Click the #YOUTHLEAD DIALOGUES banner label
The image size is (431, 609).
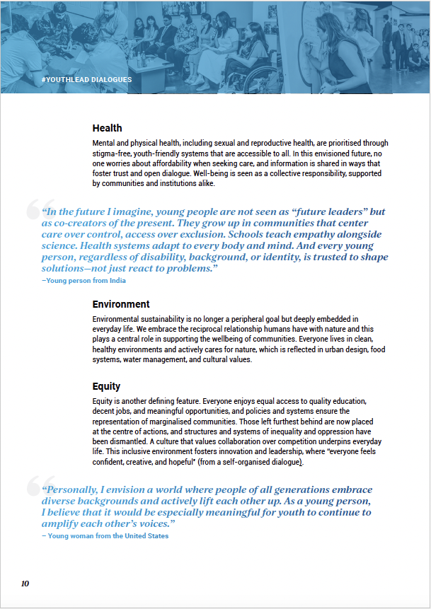tap(87, 80)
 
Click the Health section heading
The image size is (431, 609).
tap(107, 128)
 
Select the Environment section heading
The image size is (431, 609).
tap(121, 304)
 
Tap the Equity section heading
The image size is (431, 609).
tap(106, 386)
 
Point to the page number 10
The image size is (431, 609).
tap(25, 584)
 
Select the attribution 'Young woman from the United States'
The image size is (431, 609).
tap(105, 535)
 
